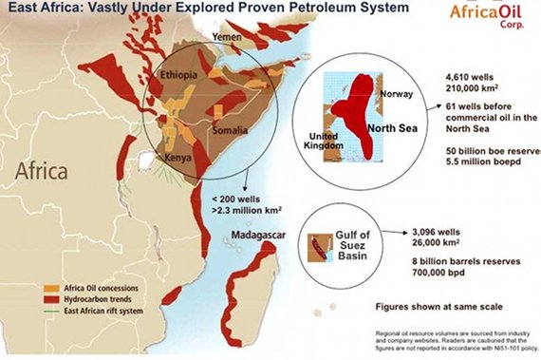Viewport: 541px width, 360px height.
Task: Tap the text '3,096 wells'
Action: click(x=440, y=230)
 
